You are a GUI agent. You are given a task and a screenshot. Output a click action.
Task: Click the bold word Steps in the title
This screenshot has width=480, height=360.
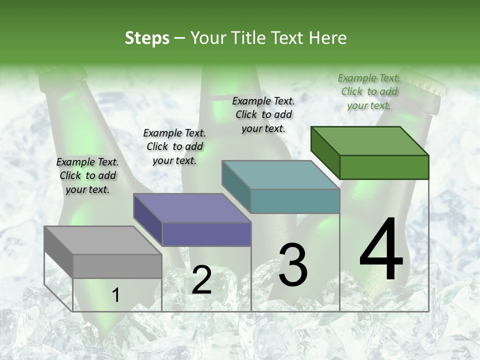click(147, 38)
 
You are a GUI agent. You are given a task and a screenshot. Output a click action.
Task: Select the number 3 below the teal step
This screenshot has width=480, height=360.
click(292, 265)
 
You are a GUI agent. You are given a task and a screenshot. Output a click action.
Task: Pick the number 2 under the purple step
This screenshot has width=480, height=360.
click(201, 280)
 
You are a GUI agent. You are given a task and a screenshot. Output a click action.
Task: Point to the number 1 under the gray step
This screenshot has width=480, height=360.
click(115, 295)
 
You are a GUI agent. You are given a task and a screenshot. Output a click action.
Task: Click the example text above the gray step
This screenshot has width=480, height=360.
click(87, 175)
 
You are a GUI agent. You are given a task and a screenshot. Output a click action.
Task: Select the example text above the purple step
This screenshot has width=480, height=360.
click(174, 146)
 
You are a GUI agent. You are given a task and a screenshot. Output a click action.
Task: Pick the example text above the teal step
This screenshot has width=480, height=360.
click(263, 114)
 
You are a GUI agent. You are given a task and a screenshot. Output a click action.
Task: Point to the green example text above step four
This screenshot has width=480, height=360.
click(369, 91)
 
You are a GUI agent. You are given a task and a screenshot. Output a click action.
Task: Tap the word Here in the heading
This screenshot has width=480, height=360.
click(328, 38)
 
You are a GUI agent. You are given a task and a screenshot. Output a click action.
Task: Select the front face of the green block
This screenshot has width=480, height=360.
click(384, 167)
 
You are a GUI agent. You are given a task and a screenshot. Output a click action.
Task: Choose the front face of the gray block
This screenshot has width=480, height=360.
click(117, 266)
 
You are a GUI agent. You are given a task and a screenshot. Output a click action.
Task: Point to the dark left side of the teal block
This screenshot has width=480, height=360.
click(236, 186)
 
